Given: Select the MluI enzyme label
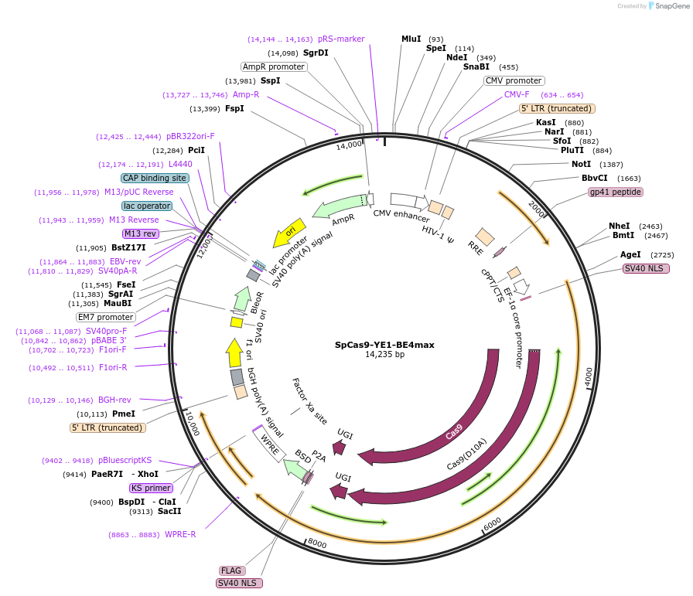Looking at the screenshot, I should coord(411,39).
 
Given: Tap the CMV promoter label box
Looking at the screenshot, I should coord(514,80).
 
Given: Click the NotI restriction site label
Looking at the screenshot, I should coord(581,164).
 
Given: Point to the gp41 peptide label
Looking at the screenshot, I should coord(615,192).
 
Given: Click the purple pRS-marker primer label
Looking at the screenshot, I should coord(341,39).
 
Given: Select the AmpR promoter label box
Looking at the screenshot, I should coord(274,66).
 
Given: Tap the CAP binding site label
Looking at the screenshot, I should coord(155,178).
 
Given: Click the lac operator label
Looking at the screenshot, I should coord(146,206).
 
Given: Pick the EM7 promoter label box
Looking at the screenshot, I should coord(106,317).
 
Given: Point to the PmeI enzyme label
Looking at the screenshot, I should coord(124,414).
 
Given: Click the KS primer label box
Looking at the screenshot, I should coord(151,488).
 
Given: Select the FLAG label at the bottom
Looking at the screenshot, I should coord(231,570).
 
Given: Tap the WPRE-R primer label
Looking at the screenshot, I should coord(180,534).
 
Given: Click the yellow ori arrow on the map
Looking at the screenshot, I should coord(290,231).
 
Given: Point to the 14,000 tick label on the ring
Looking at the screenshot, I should coord(349,145).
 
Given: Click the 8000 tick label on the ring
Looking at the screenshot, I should coord(318,543).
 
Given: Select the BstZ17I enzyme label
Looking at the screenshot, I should coord(128,247).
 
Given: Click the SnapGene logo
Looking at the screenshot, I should coord(667,6).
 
